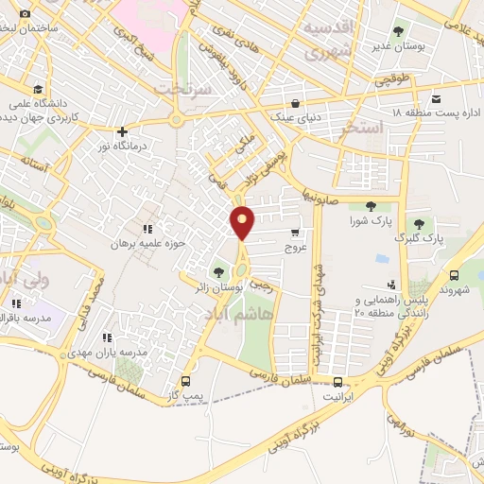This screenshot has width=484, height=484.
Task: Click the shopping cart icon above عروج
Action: tap(295, 233)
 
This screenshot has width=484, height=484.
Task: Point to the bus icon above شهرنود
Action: tap(455, 275)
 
